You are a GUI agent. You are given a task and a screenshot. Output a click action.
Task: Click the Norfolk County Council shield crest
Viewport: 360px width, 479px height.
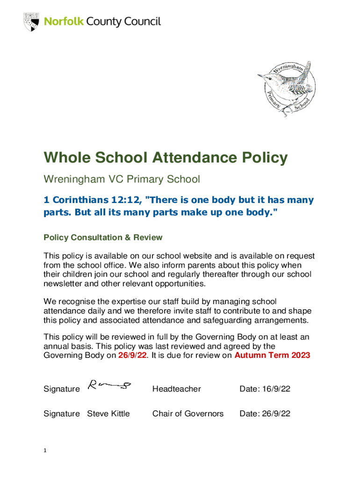tap(31, 22)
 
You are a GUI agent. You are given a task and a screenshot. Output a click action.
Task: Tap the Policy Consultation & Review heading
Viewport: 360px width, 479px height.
tap(103, 238)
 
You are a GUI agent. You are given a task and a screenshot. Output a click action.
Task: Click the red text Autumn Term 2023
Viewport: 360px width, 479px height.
tap(272, 355)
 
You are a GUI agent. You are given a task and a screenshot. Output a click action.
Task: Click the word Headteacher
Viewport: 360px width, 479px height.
tap(177, 389)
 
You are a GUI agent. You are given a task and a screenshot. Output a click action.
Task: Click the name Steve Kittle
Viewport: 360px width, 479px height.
tap(108, 414)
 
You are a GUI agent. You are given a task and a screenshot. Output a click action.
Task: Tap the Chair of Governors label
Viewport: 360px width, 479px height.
tap(188, 414)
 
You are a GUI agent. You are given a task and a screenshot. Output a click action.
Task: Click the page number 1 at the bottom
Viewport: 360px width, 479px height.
tap(45, 450)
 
